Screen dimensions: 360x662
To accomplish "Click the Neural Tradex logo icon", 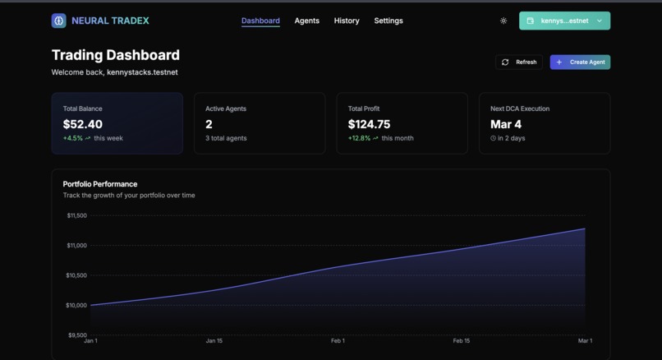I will coord(58,21).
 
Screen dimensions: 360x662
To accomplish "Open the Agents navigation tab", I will coord(306,21).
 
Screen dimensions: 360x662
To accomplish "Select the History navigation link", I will coord(347,21).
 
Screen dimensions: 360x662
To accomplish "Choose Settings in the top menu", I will coord(388,21).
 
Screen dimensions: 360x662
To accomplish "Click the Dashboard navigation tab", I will coord(260,21).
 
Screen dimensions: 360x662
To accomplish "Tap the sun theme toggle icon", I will coord(503,21).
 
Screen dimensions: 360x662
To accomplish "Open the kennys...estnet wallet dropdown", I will coord(564,21).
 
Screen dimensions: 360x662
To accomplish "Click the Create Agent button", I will coord(580,62).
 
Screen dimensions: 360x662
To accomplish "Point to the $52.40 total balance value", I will coord(83,124).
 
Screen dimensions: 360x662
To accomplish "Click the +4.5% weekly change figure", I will coord(73,138).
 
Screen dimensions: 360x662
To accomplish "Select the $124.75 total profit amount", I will coord(369,124).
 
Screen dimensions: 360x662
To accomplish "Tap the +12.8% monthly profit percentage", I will coord(359,138).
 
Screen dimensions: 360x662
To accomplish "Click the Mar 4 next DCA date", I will coord(506,124).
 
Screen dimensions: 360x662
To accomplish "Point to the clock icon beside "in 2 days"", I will coord(494,138).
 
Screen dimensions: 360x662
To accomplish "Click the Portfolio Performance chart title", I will coord(100,184).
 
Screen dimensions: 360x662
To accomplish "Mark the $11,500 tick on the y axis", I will coord(76,215).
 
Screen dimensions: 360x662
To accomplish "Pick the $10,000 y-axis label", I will coord(76,305).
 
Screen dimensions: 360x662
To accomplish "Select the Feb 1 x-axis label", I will coord(338,340).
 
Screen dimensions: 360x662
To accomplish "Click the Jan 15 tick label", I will coord(214,340).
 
